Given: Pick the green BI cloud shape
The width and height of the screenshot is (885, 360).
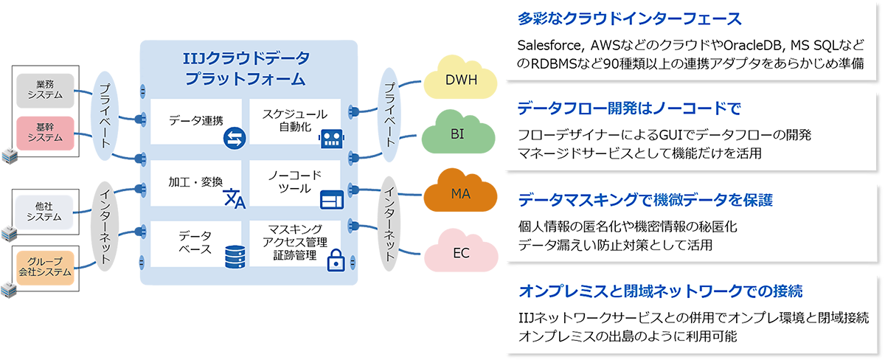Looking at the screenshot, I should (457, 136).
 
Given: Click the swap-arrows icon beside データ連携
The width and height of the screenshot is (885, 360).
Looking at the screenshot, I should (234, 136).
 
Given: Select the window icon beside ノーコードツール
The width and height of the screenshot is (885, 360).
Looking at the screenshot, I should (331, 199).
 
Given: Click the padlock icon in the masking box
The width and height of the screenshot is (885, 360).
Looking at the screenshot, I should (336, 259).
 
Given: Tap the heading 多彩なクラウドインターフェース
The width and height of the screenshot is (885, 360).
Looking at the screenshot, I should (630, 18).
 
